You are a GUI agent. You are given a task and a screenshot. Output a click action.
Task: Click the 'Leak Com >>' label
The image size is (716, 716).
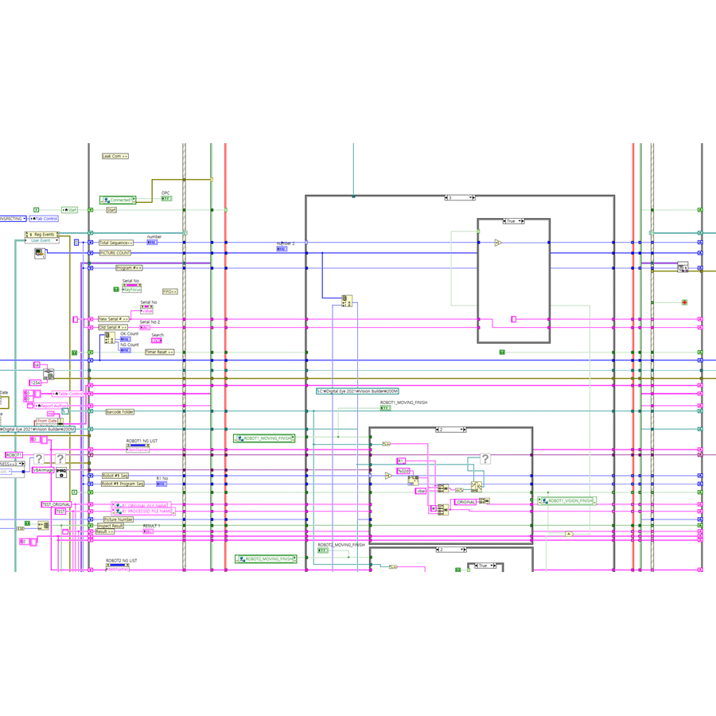(x=115, y=156)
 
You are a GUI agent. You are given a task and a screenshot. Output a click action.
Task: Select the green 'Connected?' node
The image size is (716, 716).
(x=118, y=200)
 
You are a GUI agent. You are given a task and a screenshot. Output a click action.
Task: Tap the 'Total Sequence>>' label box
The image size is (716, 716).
(x=116, y=243)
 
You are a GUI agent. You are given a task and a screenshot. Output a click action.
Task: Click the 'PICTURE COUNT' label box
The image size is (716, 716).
(x=115, y=253)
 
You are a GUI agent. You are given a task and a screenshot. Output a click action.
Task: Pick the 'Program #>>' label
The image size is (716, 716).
(x=129, y=268)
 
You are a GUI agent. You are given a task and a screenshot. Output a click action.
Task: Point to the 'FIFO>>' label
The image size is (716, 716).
(x=170, y=292)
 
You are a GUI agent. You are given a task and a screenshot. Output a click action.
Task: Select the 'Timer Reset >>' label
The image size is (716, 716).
(x=159, y=352)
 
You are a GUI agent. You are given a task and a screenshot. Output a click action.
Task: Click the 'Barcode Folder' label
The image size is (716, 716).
(x=120, y=412)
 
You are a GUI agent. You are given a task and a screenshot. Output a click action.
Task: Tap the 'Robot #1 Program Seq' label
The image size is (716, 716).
(x=123, y=484)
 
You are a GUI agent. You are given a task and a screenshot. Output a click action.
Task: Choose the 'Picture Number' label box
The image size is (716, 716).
(x=119, y=519)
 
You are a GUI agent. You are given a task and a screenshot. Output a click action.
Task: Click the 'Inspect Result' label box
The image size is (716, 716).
(x=111, y=526)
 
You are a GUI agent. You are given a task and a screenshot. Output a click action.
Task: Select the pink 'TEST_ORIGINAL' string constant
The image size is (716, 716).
(x=56, y=504)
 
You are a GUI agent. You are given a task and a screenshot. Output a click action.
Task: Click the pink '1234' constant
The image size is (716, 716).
(x=35, y=383)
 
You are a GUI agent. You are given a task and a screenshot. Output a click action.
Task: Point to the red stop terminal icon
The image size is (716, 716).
(x=684, y=302)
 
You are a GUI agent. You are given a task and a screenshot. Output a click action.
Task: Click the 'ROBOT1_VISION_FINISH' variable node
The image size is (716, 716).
(x=567, y=501)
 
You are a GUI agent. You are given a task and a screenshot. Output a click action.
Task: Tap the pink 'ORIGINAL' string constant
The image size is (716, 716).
(x=465, y=502)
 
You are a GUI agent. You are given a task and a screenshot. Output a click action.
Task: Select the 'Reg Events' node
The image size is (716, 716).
(x=41, y=235)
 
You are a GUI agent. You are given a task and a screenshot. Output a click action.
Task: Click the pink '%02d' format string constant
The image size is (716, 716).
(x=404, y=471)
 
